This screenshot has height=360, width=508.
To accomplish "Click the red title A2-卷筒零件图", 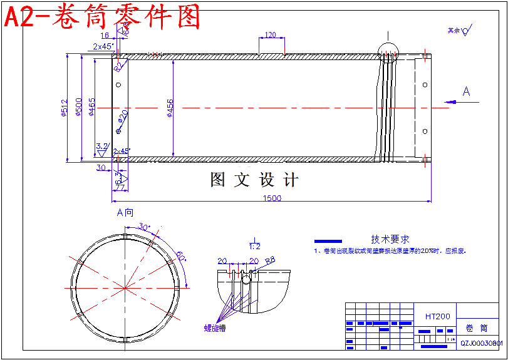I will [103, 16].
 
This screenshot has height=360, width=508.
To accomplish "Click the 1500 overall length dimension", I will [272, 198].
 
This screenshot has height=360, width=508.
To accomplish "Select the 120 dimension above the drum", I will [271, 35].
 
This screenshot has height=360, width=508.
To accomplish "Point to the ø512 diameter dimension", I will [64, 108].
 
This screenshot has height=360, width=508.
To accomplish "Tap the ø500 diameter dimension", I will [78, 108].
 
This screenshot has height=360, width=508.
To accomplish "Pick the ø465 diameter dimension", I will [92, 108].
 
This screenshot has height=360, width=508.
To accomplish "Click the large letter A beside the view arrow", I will [466, 91].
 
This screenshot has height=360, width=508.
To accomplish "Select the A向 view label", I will [125, 212].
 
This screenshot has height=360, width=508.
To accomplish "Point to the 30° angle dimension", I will [144, 227].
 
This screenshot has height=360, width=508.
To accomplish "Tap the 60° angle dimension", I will [181, 256].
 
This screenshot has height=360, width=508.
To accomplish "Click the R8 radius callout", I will [271, 259].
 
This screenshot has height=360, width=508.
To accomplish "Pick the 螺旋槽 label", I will [214, 327].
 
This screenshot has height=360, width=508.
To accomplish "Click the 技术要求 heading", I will [390, 239].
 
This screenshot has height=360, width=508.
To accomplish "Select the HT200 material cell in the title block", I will [437, 316].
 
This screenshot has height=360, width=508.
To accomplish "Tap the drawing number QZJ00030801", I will [482, 343].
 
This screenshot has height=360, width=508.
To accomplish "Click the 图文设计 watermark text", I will [254, 180].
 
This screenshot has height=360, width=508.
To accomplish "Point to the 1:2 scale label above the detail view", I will [255, 245].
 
